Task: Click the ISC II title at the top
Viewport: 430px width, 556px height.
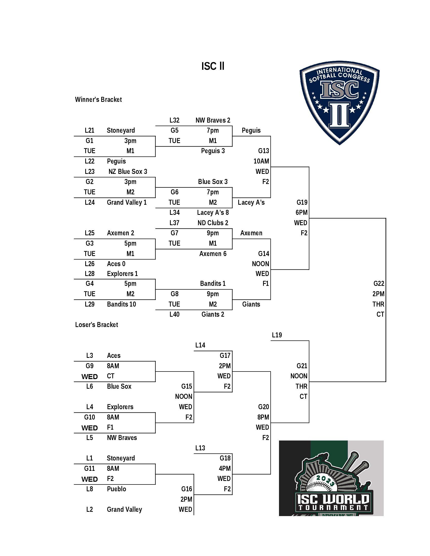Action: [x=213, y=66]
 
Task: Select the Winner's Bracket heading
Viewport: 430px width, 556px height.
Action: [x=98, y=100]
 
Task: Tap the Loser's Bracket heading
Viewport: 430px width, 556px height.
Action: [x=97, y=325]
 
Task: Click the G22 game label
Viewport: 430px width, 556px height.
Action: [x=379, y=284]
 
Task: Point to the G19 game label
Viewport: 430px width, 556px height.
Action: [x=302, y=202]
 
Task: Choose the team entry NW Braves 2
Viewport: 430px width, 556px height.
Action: [x=213, y=120]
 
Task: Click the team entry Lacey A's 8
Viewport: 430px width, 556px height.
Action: [x=213, y=213]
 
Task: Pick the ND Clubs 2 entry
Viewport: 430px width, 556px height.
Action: [x=213, y=223]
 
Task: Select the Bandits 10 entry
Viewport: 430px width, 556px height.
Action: [x=121, y=304]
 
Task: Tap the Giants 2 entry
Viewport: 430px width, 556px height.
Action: [x=213, y=314]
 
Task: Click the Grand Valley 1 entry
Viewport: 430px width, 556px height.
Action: [x=127, y=202]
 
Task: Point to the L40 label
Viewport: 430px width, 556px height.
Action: [x=175, y=314]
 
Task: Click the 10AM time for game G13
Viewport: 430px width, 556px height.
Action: [x=261, y=161]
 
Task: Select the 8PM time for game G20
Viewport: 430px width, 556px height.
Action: [x=263, y=417]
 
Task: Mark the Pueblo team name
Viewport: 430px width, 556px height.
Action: [x=116, y=489]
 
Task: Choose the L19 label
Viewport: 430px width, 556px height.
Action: [x=277, y=335]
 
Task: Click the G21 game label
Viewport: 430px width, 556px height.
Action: [x=302, y=366]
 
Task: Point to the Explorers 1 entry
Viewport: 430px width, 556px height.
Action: [x=122, y=274]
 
